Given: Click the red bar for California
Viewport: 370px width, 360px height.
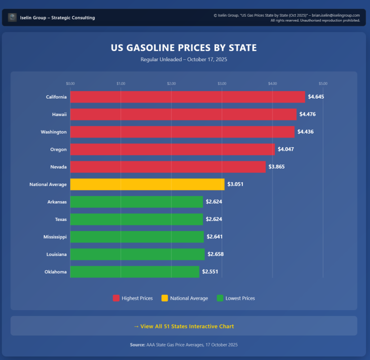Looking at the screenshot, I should [x=187, y=97].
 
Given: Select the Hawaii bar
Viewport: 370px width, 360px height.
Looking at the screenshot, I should [x=183, y=114].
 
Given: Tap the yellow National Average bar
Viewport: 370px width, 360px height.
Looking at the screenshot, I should [x=147, y=184].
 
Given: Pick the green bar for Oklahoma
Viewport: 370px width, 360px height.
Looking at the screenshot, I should [x=134, y=272].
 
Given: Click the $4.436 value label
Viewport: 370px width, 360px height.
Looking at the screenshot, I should [x=305, y=132].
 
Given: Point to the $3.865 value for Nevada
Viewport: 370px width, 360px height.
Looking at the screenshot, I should [x=276, y=166].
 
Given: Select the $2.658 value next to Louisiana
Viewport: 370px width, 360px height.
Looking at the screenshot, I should [x=215, y=254].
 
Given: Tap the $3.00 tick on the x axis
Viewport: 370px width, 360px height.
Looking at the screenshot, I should [x=222, y=84].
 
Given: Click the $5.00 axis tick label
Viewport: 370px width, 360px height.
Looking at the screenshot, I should [x=323, y=84].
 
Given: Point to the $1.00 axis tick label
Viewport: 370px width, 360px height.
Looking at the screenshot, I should [x=120, y=84].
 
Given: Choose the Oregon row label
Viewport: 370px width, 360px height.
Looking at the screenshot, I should [x=58, y=149].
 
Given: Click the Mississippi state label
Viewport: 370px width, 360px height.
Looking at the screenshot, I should [x=55, y=237].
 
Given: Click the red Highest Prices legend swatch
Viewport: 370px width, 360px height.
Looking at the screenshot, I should [x=116, y=298].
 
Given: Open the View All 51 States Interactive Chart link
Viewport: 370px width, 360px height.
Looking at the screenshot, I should [x=184, y=326].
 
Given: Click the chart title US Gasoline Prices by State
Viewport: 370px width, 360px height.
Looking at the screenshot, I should [x=184, y=48].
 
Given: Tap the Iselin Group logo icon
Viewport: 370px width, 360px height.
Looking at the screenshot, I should [x=13, y=18].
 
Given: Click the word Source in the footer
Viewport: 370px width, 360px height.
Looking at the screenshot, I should [x=137, y=345].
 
